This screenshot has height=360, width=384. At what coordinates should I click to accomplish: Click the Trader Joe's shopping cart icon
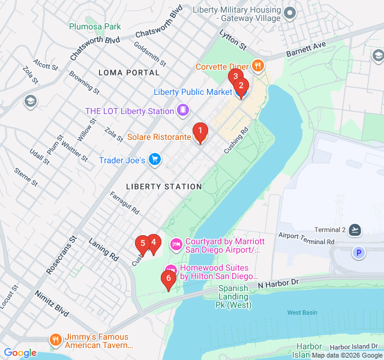pos(155,160)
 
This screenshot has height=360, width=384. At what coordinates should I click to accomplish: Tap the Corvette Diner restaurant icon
pos(258,65)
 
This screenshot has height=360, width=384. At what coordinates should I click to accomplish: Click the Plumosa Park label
pos(95,26)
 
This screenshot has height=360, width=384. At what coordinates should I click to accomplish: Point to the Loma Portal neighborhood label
pos(130,73)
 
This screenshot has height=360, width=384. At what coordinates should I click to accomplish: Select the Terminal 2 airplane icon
pos(356,230)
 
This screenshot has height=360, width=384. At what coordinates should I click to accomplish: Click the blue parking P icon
pos(359,253)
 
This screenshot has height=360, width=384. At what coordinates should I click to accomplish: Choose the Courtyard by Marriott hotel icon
pos(176,244)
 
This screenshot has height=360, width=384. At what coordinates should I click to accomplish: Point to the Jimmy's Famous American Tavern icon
pos(56,340)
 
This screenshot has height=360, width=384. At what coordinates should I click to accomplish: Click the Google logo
pos(20,353)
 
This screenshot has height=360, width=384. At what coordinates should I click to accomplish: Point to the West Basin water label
pos(302,313)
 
